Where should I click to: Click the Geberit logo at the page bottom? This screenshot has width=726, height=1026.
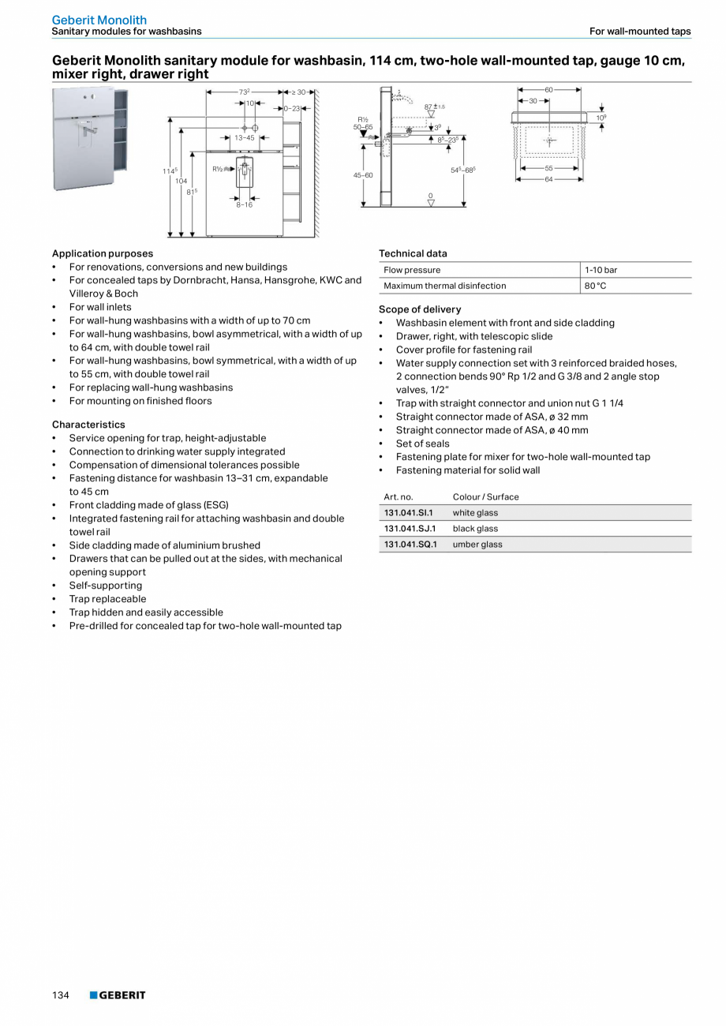pyautogui.click(x=118, y=995)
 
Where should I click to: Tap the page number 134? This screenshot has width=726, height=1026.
pyautogui.click(x=61, y=995)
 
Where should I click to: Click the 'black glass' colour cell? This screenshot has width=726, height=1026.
pyautogui.click(x=475, y=529)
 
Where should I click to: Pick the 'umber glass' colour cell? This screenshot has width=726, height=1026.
pyautogui.click(x=477, y=545)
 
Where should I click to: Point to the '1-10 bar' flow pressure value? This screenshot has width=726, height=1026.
pyautogui.click(x=601, y=270)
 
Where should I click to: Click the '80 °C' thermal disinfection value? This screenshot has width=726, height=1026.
pyautogui.click(x=595, y=286)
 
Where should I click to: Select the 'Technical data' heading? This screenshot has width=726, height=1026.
pyautogui.click(x=413, y=253)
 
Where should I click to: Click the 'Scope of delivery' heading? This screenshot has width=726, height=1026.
pyautogui.click(x=420, y=309)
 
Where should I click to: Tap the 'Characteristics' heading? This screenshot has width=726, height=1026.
pyautogui.click(x=88, y=425)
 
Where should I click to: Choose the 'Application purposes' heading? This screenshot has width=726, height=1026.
pyautogui.click(x=103, y=253)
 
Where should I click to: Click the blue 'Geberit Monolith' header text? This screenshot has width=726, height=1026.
pyautogui.click(x=99, y=20)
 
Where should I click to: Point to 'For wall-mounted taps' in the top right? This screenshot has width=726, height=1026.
pyautogui.click(x=639, y=32)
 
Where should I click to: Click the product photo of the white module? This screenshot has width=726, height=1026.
pyautogui.click(x=88, y=138)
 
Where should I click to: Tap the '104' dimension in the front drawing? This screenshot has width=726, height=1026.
pyautogui.click(x=181, y=181)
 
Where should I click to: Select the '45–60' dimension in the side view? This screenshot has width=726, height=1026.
pyautogui.click(x=363, y=175)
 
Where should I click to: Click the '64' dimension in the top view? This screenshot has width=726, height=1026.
pyautogui.click(x=548, y=179)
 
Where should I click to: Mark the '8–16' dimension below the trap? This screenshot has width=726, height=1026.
pyautogui.click(x=245, y=205)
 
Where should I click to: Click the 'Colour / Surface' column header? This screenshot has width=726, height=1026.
pyautogui.click(x=485, y=497)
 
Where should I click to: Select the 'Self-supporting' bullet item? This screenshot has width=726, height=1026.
pyautogui.click(x=106, y=586)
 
